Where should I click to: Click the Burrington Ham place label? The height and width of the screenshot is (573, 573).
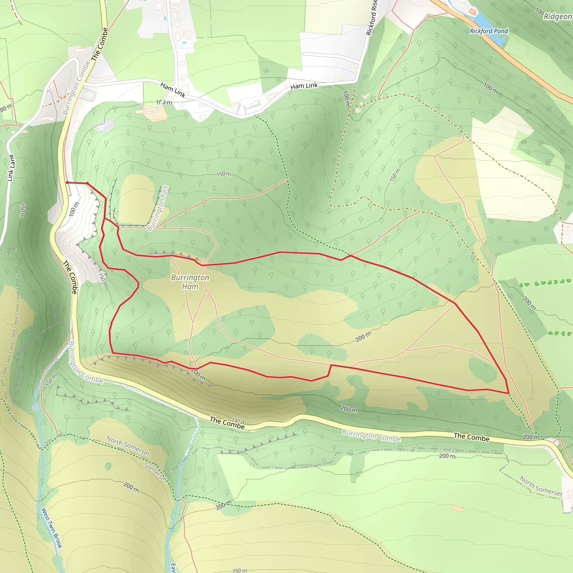pos(190,282)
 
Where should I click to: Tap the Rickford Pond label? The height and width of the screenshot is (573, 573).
pos(489,31)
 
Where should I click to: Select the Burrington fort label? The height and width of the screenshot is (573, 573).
pos(158,208)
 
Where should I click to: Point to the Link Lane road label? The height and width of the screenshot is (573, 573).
pos(11,168)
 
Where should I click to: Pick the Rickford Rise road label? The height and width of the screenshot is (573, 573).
pos(372,18)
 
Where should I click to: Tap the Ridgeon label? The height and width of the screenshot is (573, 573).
pos(558,17)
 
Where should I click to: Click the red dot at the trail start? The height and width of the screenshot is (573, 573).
pos(67,183)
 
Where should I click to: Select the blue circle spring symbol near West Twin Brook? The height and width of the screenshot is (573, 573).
pos(35,408)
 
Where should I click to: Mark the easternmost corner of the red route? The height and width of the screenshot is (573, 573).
pos(509,393)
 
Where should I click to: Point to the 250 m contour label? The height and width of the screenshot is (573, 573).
pos(240,570)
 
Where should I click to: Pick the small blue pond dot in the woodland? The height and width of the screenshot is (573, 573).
pos(379,235)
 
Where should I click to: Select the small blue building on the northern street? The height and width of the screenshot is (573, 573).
pos(165,18)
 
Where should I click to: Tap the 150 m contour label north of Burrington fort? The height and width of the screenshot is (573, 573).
pos(224,174)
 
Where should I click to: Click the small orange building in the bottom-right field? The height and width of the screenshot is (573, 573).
pos(458,508)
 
